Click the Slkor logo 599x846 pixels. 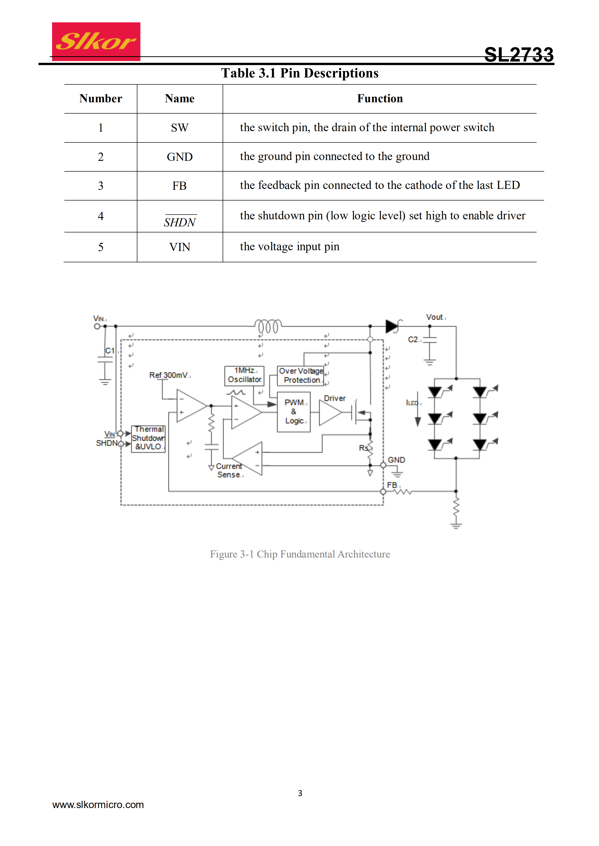(x=96, y=41)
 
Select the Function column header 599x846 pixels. (x=380, y=98)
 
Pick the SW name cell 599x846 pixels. (x=180, y=127)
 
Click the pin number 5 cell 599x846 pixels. (x=101, y=247)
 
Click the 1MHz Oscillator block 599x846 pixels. (x=244, y=375)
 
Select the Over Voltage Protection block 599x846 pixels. (x=301, y=375)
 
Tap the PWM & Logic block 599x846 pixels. (x=294, y=412)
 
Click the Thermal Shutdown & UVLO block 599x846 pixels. (x=148, y=438)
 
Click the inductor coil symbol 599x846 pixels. (x=268, y=326)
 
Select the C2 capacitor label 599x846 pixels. (x=413, y=339)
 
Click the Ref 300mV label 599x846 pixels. (x=169, y=375)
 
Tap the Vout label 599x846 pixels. (x=435, y=317)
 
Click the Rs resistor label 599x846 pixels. (x=364, y=448)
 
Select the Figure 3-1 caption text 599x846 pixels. (x=300, y=554)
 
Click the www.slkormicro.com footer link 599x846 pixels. (x=98, y=805)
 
